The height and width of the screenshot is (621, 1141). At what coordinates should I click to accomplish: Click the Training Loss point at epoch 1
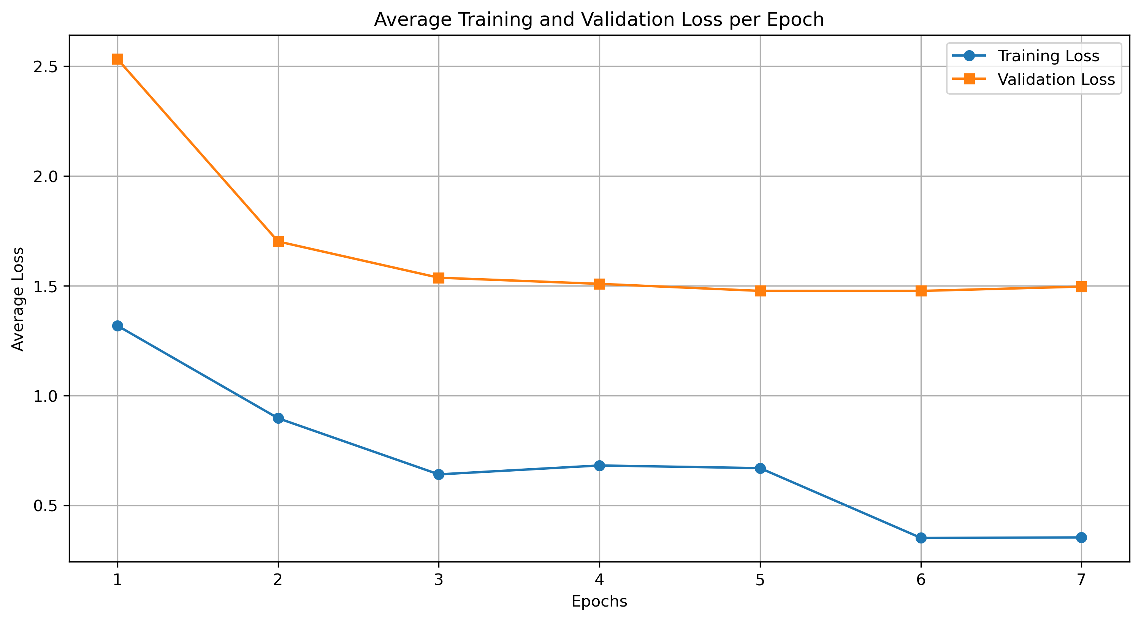(x=117, y=326)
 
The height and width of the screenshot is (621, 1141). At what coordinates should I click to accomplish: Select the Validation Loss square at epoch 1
(x=117, y=59)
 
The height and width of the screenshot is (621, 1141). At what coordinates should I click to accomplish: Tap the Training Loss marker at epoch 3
(x=439, y=474)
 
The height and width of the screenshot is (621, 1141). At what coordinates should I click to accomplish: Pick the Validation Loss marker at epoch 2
(x=278, y=241)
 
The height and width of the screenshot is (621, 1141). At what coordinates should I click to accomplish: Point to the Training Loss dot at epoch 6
(x=921, y=538)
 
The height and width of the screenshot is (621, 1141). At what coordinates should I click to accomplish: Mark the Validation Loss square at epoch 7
(x=1081, y=287)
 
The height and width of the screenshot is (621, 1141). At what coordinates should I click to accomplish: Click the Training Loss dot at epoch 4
(x=599, y=466)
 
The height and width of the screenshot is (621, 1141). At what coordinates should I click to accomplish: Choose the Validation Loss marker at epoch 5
(x=760, y=291)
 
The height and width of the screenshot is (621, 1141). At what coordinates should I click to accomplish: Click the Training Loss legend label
(x=1048, y=56)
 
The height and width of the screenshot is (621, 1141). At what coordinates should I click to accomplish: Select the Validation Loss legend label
(x=1056, y=80)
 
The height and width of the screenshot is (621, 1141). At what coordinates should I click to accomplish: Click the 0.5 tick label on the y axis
(x=46, y=506)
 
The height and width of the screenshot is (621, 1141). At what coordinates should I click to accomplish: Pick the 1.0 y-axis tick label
(x=46, y=396)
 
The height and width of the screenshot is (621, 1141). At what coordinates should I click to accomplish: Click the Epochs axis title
(x=599, y=602)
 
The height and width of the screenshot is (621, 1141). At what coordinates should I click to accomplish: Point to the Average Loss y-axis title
(x=18, y=299)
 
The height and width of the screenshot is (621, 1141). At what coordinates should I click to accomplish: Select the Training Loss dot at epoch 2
(x=278, y=418)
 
